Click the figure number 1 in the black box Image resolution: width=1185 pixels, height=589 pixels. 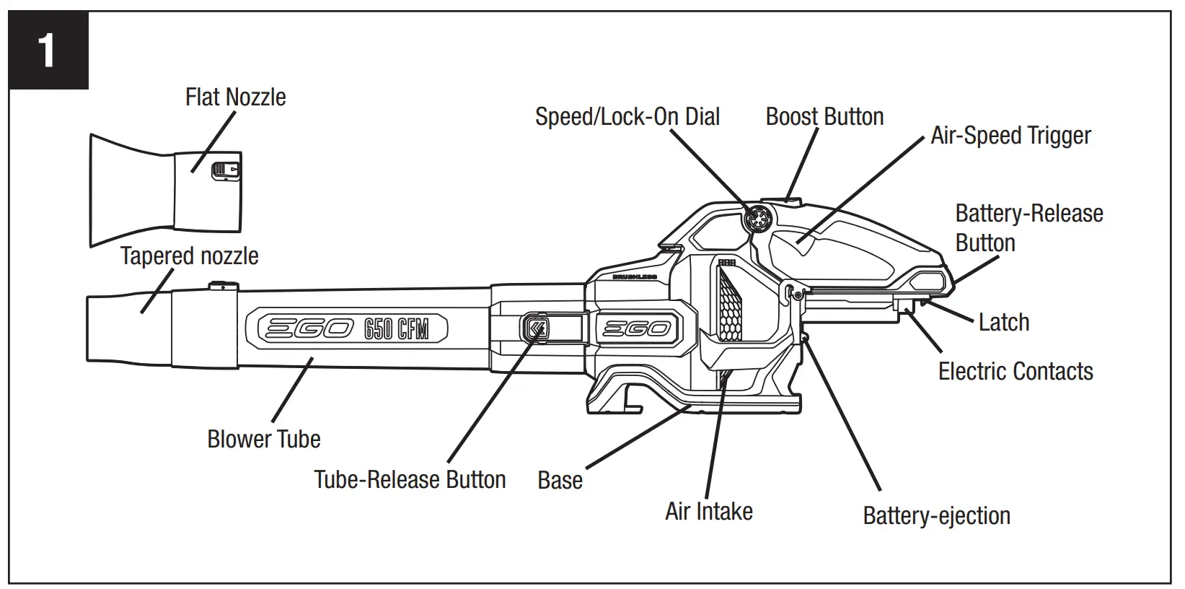tap(48, 51)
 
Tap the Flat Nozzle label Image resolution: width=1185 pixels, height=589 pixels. tap(235, 97)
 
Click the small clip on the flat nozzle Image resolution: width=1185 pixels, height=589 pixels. tap(225, 171)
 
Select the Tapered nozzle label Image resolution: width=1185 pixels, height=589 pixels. tap(189, 256)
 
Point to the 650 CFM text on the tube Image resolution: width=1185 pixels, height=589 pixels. tap(396, 330)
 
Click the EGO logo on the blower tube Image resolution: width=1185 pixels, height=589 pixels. tap(307, 330)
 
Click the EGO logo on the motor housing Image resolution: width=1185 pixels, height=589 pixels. tap(635, 328)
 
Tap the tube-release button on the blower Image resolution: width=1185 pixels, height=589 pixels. tap(537, 328)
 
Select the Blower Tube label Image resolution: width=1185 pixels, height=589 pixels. tap(263, 439)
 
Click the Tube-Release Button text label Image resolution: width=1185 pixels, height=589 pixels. tap(410, 479)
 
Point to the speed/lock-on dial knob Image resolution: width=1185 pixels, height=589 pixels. tap(759, 217)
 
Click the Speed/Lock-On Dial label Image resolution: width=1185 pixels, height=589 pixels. tap(627, 117)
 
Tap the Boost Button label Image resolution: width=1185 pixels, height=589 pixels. tap(824, 117)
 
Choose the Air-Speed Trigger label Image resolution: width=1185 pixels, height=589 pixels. tap(1010, 136)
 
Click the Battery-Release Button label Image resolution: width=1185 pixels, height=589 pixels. tap(1028, 228)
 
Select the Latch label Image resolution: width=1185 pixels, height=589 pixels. tap(1003, 322)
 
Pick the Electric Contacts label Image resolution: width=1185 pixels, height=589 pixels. tap(1015, 371)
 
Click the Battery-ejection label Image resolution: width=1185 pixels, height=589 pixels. tap(936, 515)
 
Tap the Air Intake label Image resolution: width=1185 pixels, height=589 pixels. tap(708, 511)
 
